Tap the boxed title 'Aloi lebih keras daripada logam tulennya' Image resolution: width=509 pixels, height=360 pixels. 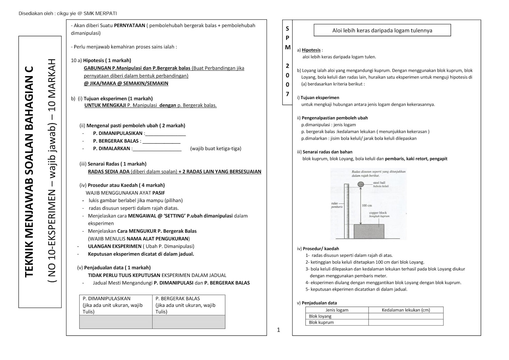pyautogui.click(x=382, y=31)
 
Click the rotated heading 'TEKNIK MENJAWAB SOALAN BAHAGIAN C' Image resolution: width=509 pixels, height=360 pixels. pyautogui.click(x=29, y=172)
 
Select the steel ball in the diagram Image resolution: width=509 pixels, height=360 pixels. pyautogui.click(x=361, y=184)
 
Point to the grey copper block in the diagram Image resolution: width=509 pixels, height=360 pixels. pyautogui.click(x=369, y=231)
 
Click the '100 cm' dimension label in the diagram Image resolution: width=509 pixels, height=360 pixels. pyautogui.click(x=367, y=206)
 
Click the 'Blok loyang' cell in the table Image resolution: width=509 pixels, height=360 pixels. pyautogui.click(x=320, y=316)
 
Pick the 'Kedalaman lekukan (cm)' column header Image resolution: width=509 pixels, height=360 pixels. pyautogui.click(x=406, y=310)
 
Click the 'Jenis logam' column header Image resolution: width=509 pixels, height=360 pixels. pyautogui.click(x=337, y=310)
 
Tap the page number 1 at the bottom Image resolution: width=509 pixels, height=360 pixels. pyautogui.click(x=279, y=330)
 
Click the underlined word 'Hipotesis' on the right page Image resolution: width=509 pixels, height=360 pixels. pyautogui.click(x=311, y=50)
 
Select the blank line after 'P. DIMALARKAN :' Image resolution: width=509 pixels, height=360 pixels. pyautogui.click(x=157, y=149)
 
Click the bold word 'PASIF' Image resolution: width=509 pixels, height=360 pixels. pyautogui.click(x=158, y=193)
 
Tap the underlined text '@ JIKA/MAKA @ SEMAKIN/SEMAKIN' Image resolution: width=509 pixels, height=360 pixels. pyautogui.click(x=126, y=83)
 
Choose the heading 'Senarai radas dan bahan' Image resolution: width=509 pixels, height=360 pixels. pyautogui.click(x=327, y=152)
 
